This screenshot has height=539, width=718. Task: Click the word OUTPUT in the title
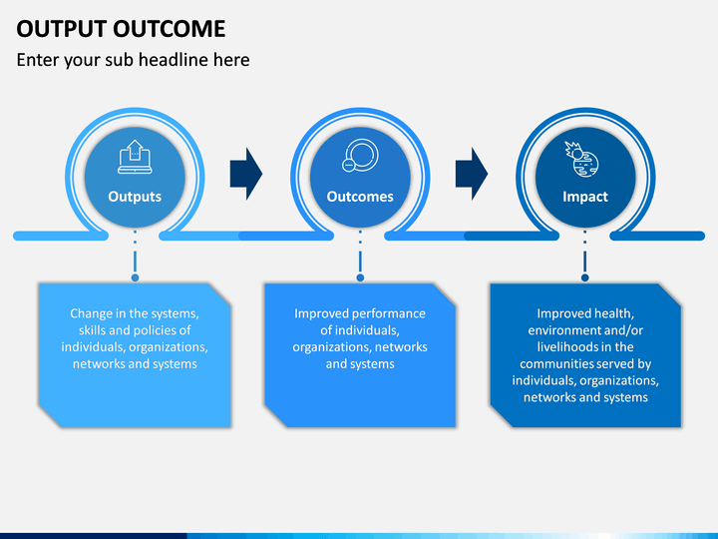[x=62, y=28]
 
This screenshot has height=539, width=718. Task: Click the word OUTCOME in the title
[x=169, y=28]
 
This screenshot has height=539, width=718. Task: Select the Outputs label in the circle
[x=135, y=197]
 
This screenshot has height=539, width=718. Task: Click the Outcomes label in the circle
[x=360, y=197]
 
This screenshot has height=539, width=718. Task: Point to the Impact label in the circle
[x=585, y=197]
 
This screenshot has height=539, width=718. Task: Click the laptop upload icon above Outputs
[x=135, y=157]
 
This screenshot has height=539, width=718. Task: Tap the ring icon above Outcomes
[x=360, y=156]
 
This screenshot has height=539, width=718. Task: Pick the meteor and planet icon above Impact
[x=581, y=159]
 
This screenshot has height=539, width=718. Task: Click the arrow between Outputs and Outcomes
[x=246, y=174]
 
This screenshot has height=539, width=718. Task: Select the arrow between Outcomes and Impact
[x=472, y=174]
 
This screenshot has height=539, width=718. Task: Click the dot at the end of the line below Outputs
[x=135, y=277]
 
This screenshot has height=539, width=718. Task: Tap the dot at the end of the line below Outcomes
[x=360, y=277]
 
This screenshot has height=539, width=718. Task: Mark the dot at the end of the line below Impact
[x=584, y=277]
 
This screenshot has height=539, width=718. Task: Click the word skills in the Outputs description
[x=92, y=330]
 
